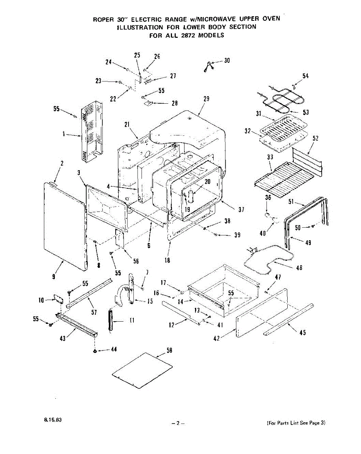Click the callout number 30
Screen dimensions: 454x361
click(x=227, y=61)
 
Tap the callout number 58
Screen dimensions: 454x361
click(x=169, y=351)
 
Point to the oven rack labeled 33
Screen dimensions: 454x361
click(x=286, y=178)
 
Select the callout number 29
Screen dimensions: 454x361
click(x=206, y=99)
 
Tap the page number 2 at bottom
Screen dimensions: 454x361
click(x=177, y=423)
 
